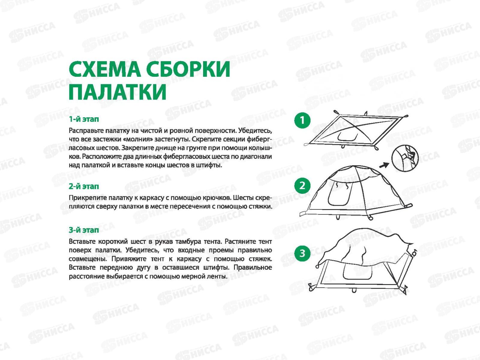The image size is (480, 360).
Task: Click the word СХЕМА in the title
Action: [x=105, y=69]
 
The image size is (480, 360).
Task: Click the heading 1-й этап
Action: [x=84, y=119]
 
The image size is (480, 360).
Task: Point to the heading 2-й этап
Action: [x=84, y=186]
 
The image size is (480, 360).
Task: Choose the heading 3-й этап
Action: [x=84, y=230]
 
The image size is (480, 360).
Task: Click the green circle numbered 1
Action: [x=302, y=120]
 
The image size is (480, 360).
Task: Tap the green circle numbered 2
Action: [x=302, y=186]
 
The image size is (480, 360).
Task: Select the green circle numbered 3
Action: [x=302, y=253]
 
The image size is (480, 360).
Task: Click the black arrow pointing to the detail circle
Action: [x=384, y=165]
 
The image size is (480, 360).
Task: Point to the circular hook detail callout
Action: [x=405, y=158]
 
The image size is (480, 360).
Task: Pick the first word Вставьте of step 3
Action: [x=82, y=241]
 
